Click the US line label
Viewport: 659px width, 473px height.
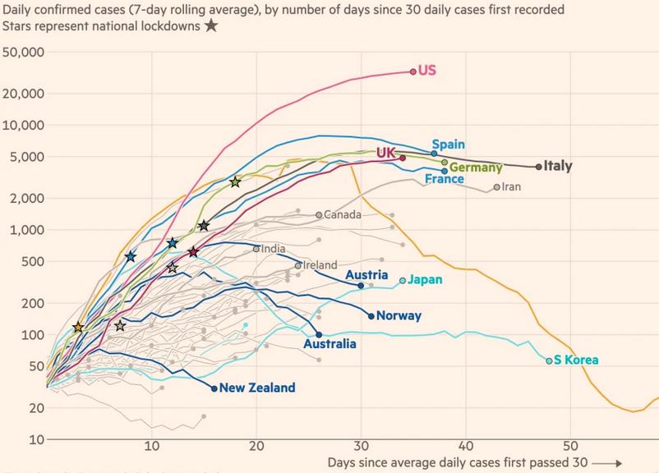(427, 71)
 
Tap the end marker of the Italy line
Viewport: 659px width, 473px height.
(539, 167)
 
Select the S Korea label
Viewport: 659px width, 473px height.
(576, 360)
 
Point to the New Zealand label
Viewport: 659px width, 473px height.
(256, 388)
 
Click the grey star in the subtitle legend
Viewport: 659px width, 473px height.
(211, 25)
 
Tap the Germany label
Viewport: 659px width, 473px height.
(476, 168)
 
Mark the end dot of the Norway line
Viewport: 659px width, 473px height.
(371, 316)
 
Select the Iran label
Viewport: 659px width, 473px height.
(511, 187)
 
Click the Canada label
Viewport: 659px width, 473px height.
(343, 215)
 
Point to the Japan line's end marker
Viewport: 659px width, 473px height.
(403, 281)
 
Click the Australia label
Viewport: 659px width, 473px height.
(329, 344)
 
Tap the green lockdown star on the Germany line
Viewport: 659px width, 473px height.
(236, 181)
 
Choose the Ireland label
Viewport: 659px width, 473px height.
(320, 265)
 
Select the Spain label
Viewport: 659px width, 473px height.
(449, 144)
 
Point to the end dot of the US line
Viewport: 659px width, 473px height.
(413, 71)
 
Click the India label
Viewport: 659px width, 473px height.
(274, 249)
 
